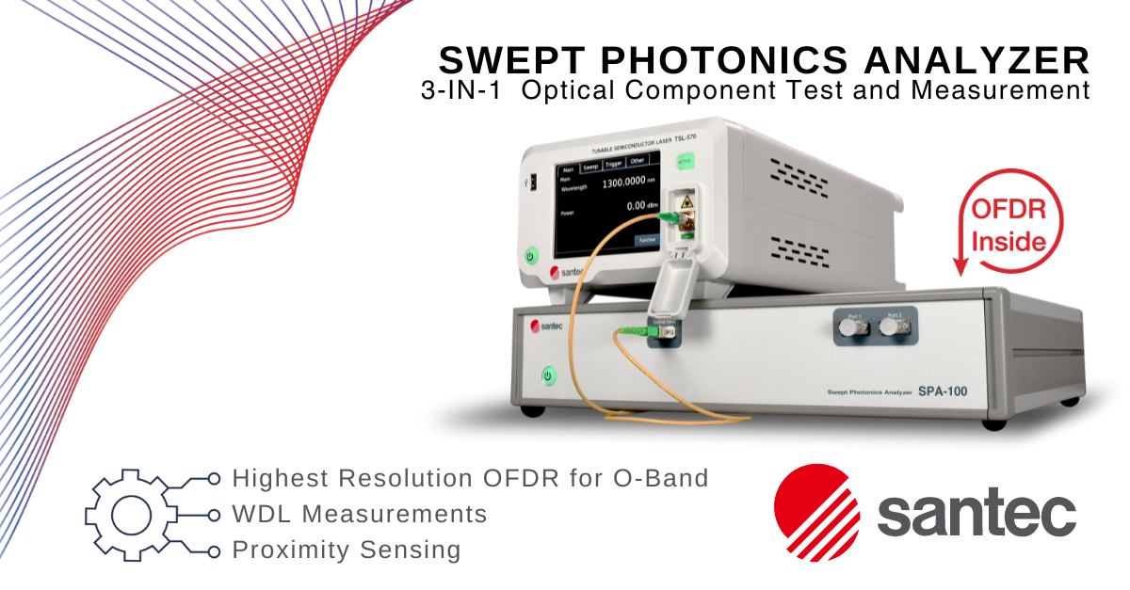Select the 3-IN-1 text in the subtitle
pos(460,91)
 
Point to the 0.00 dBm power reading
pos(637,205)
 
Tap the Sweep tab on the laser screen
pos(590,165)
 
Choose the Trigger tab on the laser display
pos(614,163)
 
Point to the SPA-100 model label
pos(943,391)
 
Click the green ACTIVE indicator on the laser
pos(684,161)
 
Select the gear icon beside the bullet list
pos(125,514)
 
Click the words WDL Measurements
pos(360,514)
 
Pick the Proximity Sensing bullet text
pos(347,550)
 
